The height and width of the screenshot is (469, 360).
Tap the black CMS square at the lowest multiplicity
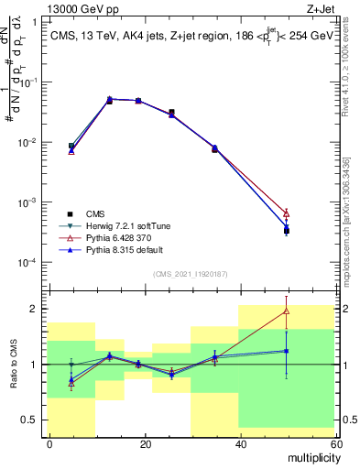(x=71, y=146)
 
